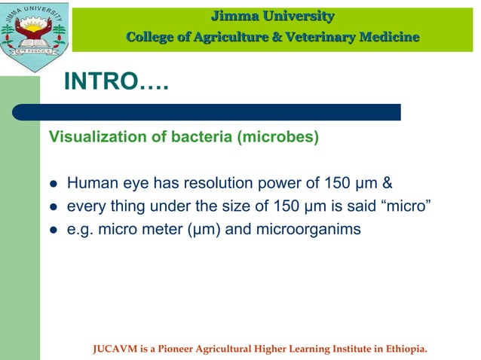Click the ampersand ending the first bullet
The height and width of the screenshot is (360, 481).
(388, 182)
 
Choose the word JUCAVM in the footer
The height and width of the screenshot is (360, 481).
(112, 349)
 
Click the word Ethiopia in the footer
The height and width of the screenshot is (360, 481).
(406, 349)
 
